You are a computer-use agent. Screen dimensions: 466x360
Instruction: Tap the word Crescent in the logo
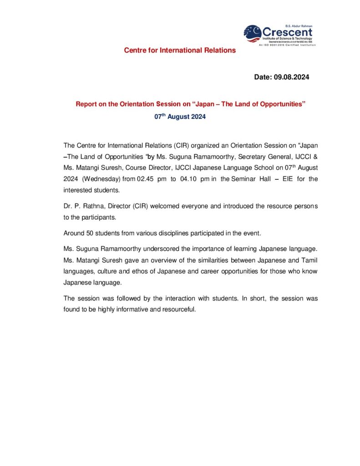(288, 32)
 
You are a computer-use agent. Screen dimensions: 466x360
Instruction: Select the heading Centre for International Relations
(180, 50)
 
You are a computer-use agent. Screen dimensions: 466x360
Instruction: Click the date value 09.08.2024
(291, 77)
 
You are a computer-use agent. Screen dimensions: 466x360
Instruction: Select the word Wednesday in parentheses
(102, 179)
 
